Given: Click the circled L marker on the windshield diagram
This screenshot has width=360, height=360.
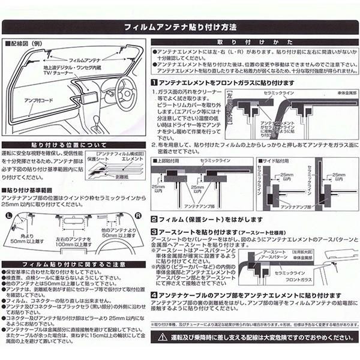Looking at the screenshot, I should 8,214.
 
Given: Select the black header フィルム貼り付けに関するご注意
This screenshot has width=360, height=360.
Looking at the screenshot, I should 73,264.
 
